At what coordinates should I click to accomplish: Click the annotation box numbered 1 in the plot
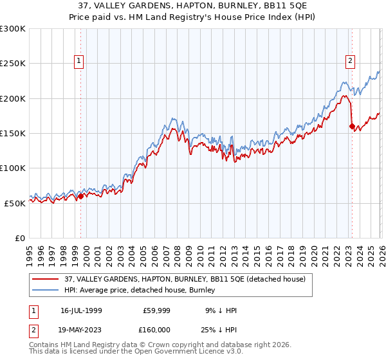tap(79, 61)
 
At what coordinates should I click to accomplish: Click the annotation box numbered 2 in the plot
tap(351, 61)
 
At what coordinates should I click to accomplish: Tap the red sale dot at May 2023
tap(351, 127)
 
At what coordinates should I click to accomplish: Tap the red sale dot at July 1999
tap(80, 197)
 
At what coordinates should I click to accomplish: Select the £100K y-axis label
tap(13, 168)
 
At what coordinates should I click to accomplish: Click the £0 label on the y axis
tap(19, 238)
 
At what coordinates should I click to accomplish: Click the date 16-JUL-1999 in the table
tap(81, 310)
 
